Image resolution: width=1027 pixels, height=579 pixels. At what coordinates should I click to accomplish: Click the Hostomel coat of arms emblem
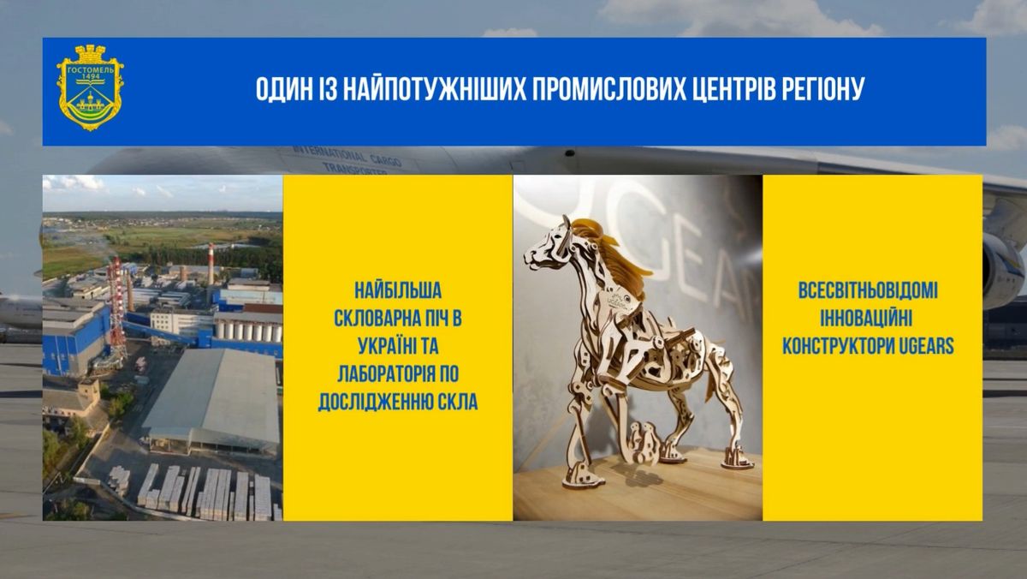point(90,87)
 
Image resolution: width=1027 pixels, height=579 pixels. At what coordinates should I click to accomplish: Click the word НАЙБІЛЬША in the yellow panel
point(398,291)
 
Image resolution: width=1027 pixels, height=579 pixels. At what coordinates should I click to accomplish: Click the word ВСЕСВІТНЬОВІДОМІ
point(868,291)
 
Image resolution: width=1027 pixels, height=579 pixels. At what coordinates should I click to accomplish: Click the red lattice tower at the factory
point(117,307)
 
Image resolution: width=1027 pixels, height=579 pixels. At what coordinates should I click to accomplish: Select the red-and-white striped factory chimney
point(211,265)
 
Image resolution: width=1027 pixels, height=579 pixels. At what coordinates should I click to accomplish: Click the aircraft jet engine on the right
point(1004,271)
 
